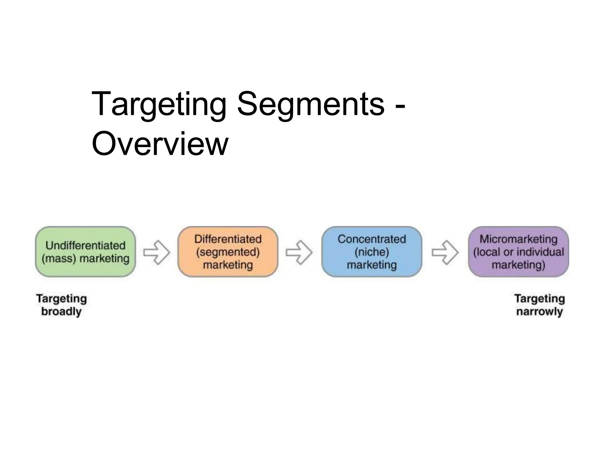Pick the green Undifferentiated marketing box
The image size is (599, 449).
point(85,251)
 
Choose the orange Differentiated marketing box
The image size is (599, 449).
point(228,251)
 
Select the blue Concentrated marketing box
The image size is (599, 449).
point(371,251)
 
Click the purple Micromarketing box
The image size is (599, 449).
point(518,251)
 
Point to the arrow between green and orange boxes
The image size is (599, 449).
point(156,252)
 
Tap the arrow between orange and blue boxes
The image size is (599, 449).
point(299,252)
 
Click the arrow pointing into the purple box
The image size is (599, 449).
point(445,252)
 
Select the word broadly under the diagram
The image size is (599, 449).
point(61,311)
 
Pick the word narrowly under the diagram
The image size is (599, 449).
point(539,311)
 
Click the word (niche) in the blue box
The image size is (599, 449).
point(371,252)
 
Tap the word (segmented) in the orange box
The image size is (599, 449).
point(228,252)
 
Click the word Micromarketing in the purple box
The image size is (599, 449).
point(518,239)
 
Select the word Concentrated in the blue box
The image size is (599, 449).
point(371,239)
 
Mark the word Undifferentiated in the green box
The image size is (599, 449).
point(85,245)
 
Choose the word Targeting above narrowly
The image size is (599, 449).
point(539,298)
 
